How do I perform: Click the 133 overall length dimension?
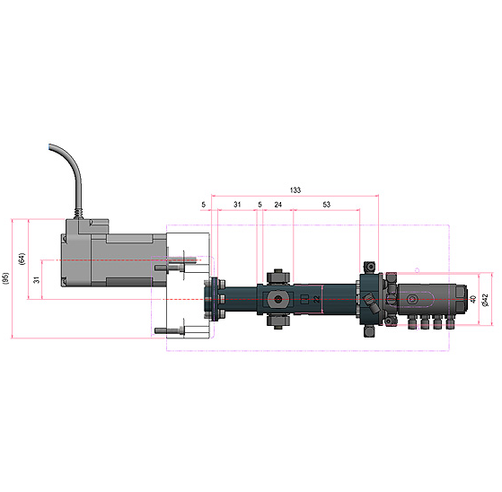[295, 190]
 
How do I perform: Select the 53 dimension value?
[326, 204]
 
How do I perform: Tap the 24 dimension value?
[277, 204]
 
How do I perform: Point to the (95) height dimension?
[5, 278]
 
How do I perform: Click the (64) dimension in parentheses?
[22, 259]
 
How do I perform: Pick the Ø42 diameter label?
[485, 300]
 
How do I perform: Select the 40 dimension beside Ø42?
[473, 299]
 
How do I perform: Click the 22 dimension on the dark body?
[316, 299]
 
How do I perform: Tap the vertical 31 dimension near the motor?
[37, 280]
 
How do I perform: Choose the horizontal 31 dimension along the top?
[237, 204]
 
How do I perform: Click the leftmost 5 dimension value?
[203, 204]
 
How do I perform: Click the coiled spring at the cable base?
[78, 214]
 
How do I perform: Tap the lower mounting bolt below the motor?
[170, 330]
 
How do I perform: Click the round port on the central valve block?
[277, 300]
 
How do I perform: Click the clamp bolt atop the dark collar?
[370, 267]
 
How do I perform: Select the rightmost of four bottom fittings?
[451, 322]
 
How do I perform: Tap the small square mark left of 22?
[304, 300]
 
